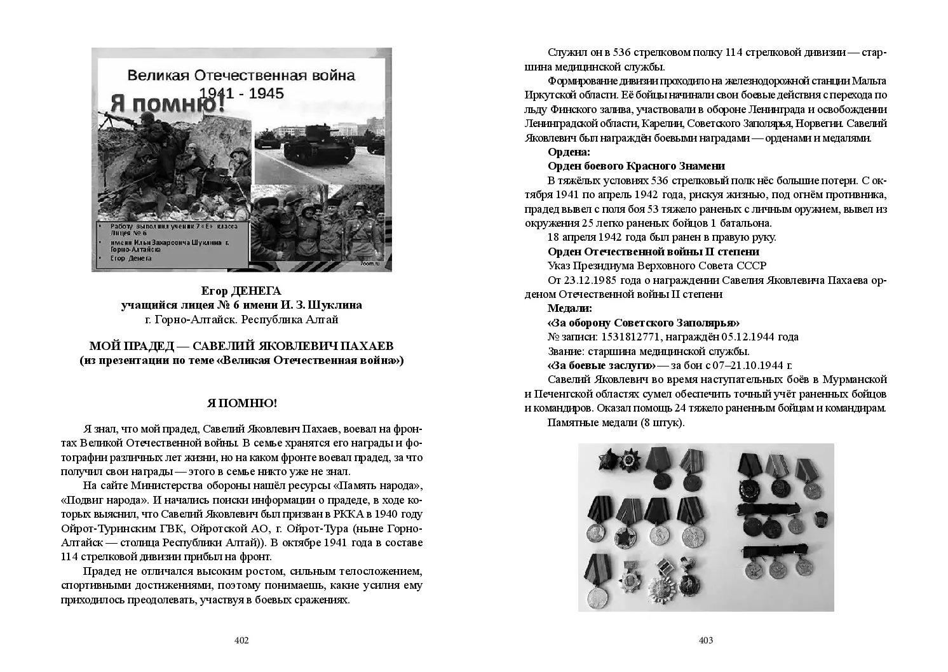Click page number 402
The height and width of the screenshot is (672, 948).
[x=241, y=640]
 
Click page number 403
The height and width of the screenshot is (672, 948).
[x=706, y=640]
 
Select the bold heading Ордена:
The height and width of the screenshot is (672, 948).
[x=569, y=152]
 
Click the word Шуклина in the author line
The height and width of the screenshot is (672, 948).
[x=333, y=305]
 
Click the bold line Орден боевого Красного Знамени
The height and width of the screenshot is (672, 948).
[x=636, y=166]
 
